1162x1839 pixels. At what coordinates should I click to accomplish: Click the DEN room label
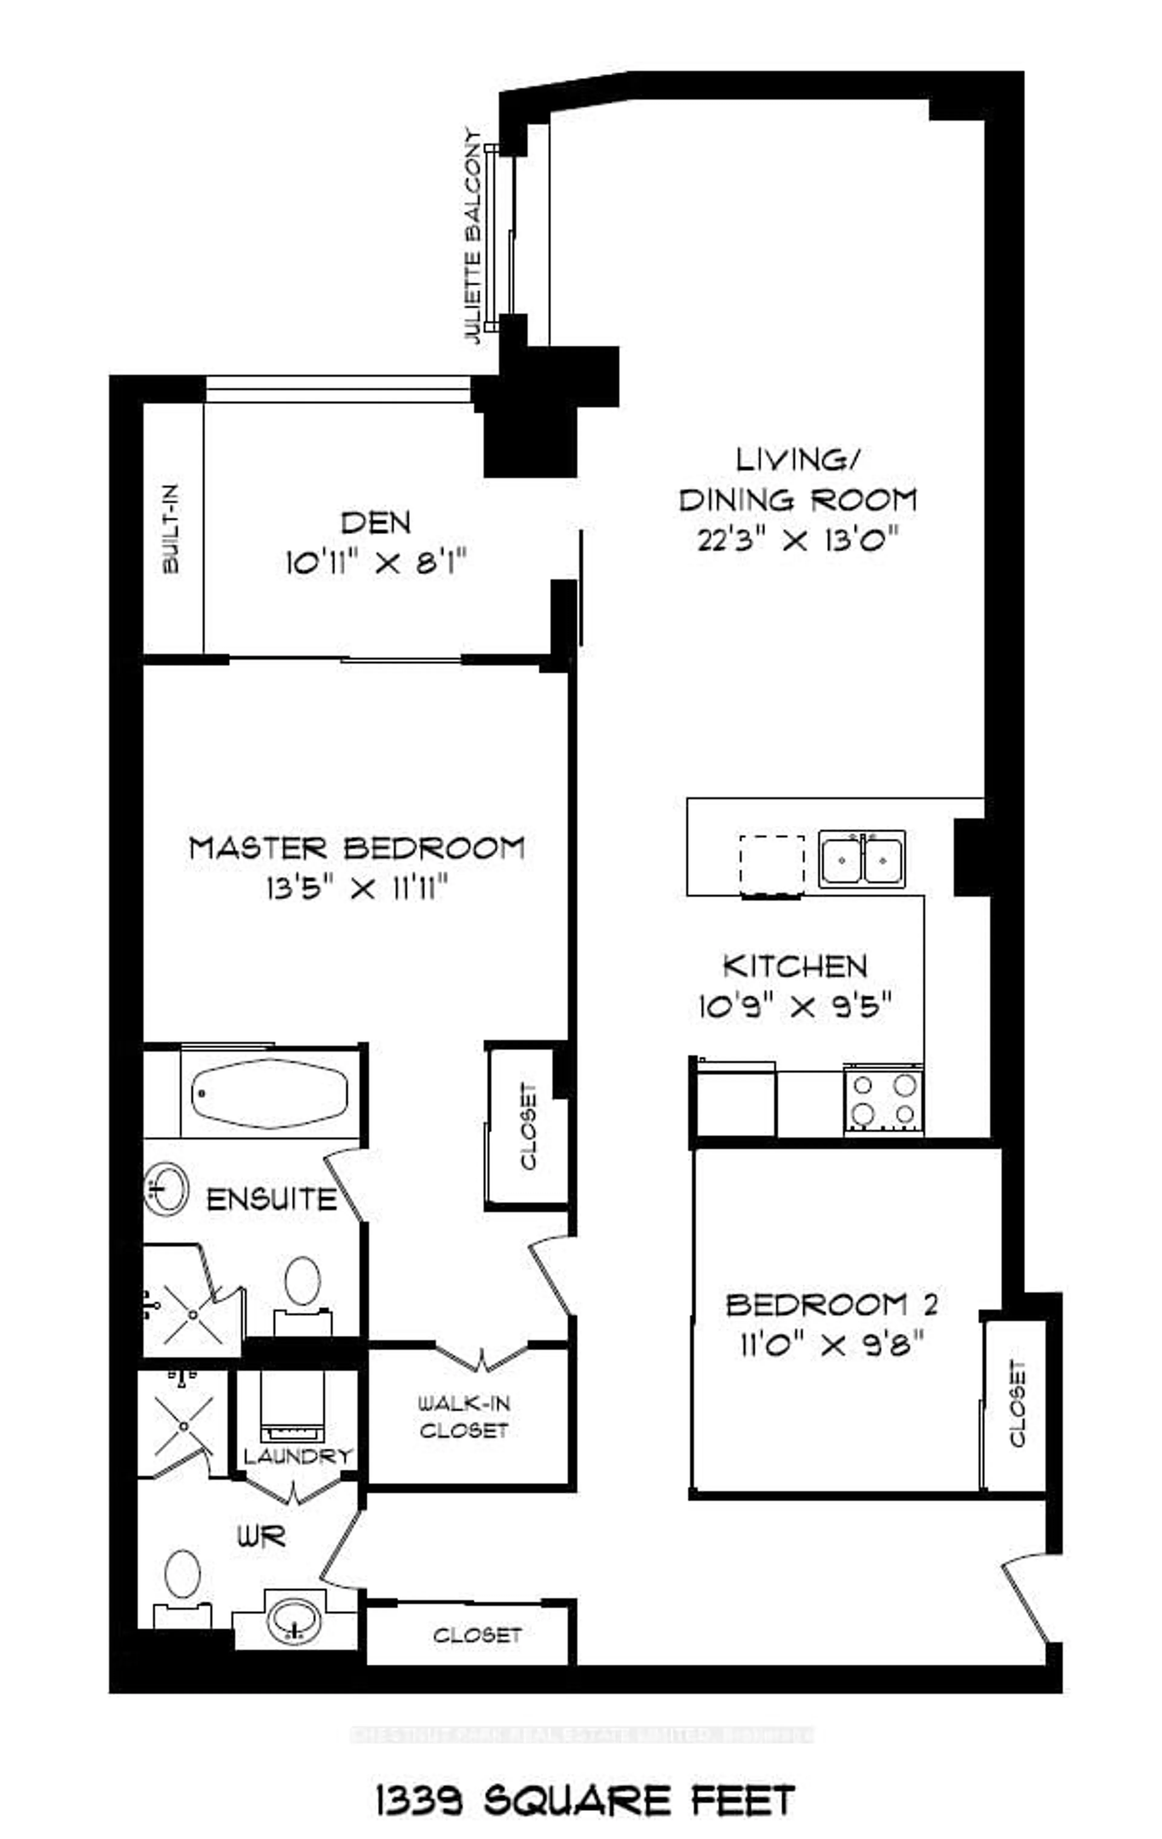(376, 523)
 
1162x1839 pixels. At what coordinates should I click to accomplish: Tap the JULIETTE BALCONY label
(475, 237)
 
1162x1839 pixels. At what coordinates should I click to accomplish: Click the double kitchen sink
(861, 859)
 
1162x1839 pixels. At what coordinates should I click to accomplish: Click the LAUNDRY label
(298, 1456)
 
